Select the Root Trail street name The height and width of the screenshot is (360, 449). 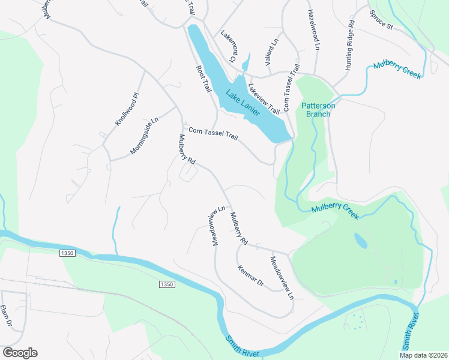pyautogui.click(x=205, y=79)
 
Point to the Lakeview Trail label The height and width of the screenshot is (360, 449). pyautogui.click(x=265, y=99)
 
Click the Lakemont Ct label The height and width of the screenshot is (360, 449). pyautogui.click(x=228, y=46)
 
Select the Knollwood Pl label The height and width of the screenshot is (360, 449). pyautogui.click(x=127, y=109)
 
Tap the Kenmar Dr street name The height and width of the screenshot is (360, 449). pyautogui.click(x=250, y=274)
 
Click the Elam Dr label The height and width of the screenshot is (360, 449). pyautogui.click(x=7, y=316)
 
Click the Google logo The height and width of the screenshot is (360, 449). pyautogui.click(x=20, y=352)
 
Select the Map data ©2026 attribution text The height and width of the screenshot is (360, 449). pyautogui.click(x=423, y=355)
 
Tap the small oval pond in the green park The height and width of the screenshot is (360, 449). pyautogui.click(x=361, y=241)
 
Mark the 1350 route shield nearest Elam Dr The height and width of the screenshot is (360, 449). pyautogui.click(x=67, y=254)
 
